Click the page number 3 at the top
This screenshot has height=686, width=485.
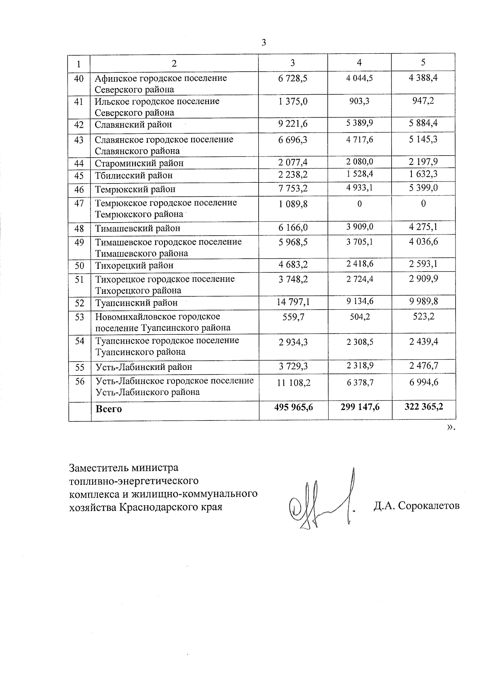[x=264, y=43]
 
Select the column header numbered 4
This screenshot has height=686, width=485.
[x=359, y=62]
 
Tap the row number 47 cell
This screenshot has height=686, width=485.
[x=79, y=203]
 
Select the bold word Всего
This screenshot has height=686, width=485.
[x=109, y=409]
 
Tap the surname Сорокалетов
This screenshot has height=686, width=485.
[x=428, y=506]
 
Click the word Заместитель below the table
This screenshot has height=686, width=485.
[x=96, y=468]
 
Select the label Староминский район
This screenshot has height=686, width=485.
[x=139, y=163]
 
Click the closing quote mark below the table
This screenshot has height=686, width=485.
[x=450, y=428]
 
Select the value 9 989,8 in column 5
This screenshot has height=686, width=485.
[x=424, y=301]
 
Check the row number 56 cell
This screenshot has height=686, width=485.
[x=79, y=381]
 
